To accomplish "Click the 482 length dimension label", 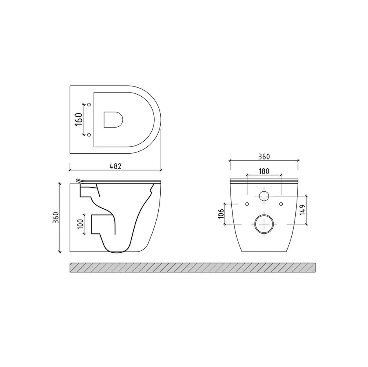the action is click(115, 166).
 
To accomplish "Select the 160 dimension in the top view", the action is click(79, 119).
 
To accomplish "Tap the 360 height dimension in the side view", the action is click(56, 217).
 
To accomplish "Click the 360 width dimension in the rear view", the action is click(264, 157).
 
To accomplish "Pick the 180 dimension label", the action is click(264, 171).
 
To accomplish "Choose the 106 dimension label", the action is click(221, 213).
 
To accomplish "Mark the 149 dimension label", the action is click(302, 210).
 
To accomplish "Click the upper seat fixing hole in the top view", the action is click(89, 104).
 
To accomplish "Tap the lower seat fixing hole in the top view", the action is click(89, 135).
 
